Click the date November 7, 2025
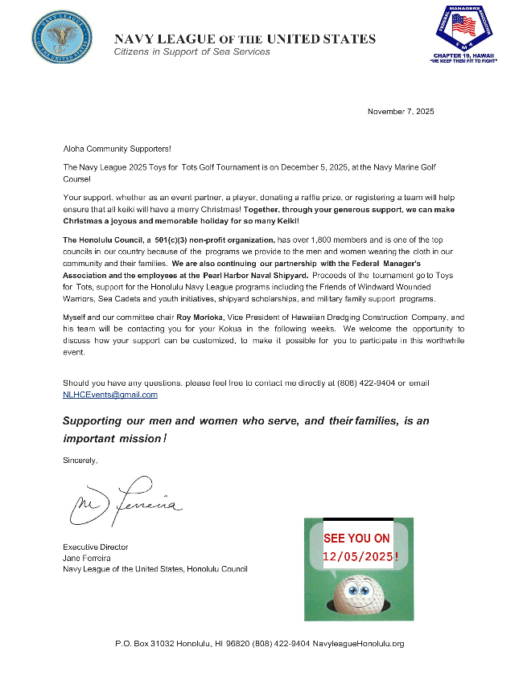(x=401, y=112)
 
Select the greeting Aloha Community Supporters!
(x=117, y=150)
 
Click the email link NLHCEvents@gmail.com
(x=110, y=395)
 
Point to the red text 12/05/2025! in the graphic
(x=359, y=556)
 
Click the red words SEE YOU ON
(x=356, y=539)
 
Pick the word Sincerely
(x=80, y=461)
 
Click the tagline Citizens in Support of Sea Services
(x=192, y=51)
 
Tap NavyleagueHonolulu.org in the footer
(x=358, y=644)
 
